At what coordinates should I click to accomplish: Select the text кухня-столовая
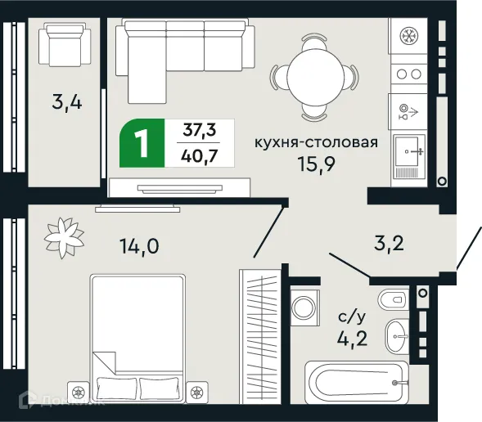point(316,141)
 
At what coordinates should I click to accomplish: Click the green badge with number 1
point(142,144)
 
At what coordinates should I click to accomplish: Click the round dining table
point(317,74)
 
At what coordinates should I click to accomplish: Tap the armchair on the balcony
point(64,46)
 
